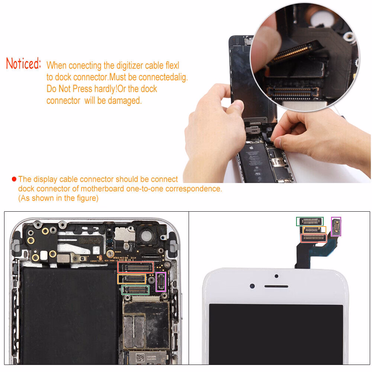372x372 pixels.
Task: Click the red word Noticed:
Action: pos(23,64)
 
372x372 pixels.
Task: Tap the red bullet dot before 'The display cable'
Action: pos(14,179)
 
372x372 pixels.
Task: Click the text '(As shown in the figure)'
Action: pos(58,198)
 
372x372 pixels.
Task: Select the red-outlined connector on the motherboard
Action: pos(136,267)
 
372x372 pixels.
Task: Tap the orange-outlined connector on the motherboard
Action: pos(132,279)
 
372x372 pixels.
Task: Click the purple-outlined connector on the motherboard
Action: pos(161,282)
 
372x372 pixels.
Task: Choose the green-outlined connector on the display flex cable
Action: pos(310,221)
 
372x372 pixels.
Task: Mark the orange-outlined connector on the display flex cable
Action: pos(315,230)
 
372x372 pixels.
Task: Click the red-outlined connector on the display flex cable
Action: pos(314,238)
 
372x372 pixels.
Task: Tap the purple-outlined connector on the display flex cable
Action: pos(336,226)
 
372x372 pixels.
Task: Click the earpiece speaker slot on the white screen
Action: pos(276,287)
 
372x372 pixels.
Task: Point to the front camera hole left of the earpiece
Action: pos(253,286)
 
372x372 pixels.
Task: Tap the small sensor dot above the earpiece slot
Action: pos(276,276)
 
